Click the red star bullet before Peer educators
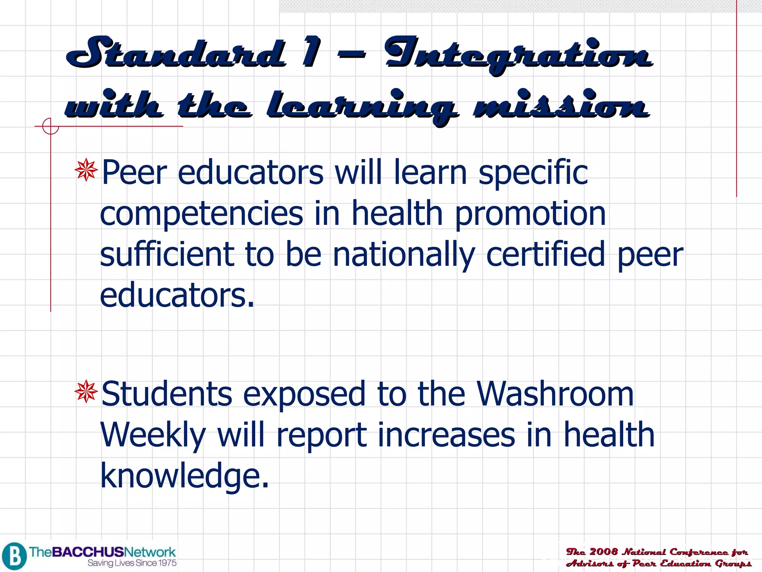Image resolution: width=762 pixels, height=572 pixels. pos(86,170)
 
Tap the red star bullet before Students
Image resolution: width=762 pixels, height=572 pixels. pos(86,391)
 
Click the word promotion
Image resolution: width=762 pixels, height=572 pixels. pos(531,214)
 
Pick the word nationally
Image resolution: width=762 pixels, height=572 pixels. pos(404,255)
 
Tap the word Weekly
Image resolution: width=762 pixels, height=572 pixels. pos(153,436)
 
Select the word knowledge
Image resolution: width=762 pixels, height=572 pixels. pos(184,477)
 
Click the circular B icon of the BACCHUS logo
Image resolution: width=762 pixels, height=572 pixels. pos(14,556)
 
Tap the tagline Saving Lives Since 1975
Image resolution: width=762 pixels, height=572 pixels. pos(132,563)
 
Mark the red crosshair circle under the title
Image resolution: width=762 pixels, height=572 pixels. pos(50,126)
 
